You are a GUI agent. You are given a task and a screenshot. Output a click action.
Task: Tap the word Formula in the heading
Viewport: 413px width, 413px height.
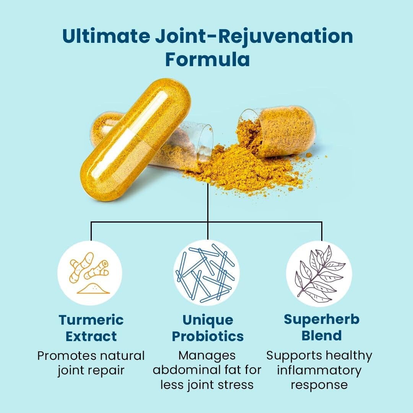click(207, 60)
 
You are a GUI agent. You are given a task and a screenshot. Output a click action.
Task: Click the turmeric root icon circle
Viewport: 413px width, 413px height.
click(90, 273)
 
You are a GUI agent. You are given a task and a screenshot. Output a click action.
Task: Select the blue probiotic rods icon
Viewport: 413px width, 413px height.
click(206, 273)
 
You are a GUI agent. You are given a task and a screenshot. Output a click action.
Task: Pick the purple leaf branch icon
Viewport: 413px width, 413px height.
click(319, 273)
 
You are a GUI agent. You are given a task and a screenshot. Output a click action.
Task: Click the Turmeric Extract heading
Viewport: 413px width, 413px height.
click(91, 328)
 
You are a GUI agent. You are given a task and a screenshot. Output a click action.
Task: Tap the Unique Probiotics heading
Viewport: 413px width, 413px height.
click(207, 328)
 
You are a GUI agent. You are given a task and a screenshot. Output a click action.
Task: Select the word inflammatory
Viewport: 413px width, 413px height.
click(319, 370)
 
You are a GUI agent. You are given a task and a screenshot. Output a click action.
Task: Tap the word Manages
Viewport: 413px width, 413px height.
click(207, 356)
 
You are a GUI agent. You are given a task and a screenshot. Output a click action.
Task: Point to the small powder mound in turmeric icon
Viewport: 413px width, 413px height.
click(93, 288)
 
